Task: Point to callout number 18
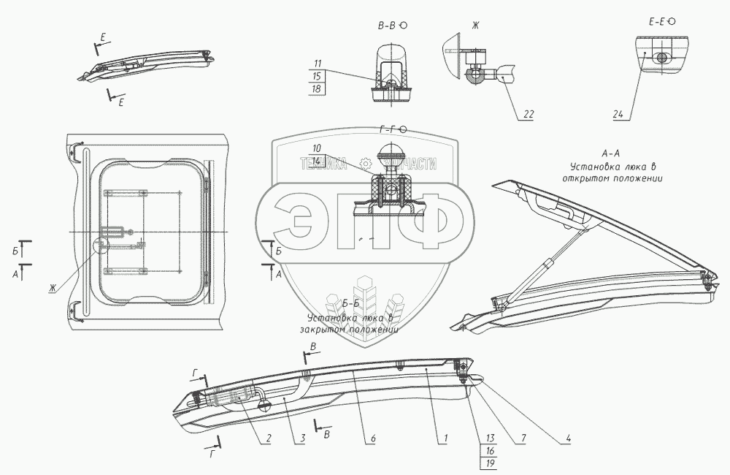click(x=318, y=88)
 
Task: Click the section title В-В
click(x=388, y=25)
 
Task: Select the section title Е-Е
click(x=657, y=22)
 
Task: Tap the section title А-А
click(x=611, y=154)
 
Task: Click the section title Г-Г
click(x=388, y=129)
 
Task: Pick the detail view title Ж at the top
click(x=474, y=26)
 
